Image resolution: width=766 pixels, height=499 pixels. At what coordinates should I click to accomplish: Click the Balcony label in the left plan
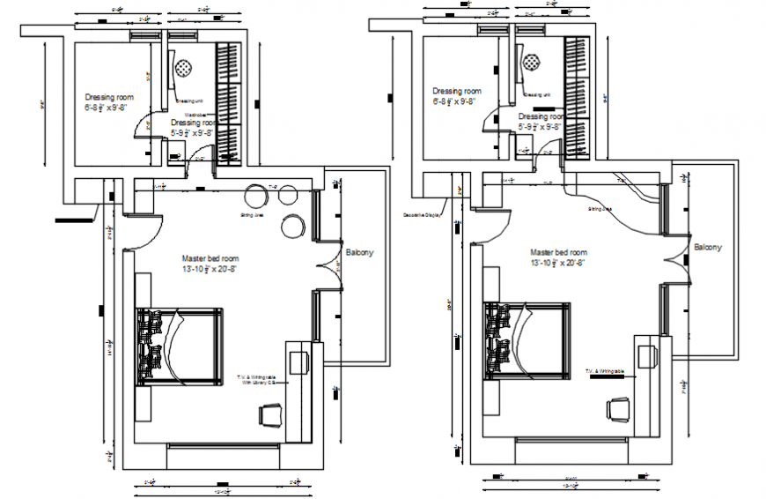coord(359,252)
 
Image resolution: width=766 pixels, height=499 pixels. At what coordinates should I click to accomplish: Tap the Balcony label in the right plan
coord(707,248)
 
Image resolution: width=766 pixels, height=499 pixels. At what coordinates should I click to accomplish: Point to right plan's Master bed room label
coord(557,252)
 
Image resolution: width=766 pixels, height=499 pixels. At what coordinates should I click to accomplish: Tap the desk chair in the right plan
coord(619,408)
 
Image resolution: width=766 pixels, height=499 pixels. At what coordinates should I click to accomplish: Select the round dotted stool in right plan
coord(532,63)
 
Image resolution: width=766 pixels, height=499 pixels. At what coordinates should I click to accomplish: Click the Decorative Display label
coord(421,215)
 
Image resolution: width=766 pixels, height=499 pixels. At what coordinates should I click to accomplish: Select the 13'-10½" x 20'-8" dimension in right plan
coord(557,263)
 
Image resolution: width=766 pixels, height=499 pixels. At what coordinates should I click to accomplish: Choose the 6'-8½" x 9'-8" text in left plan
coord(107,108)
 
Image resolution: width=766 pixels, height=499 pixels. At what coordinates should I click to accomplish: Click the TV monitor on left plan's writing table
coord(298,361)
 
